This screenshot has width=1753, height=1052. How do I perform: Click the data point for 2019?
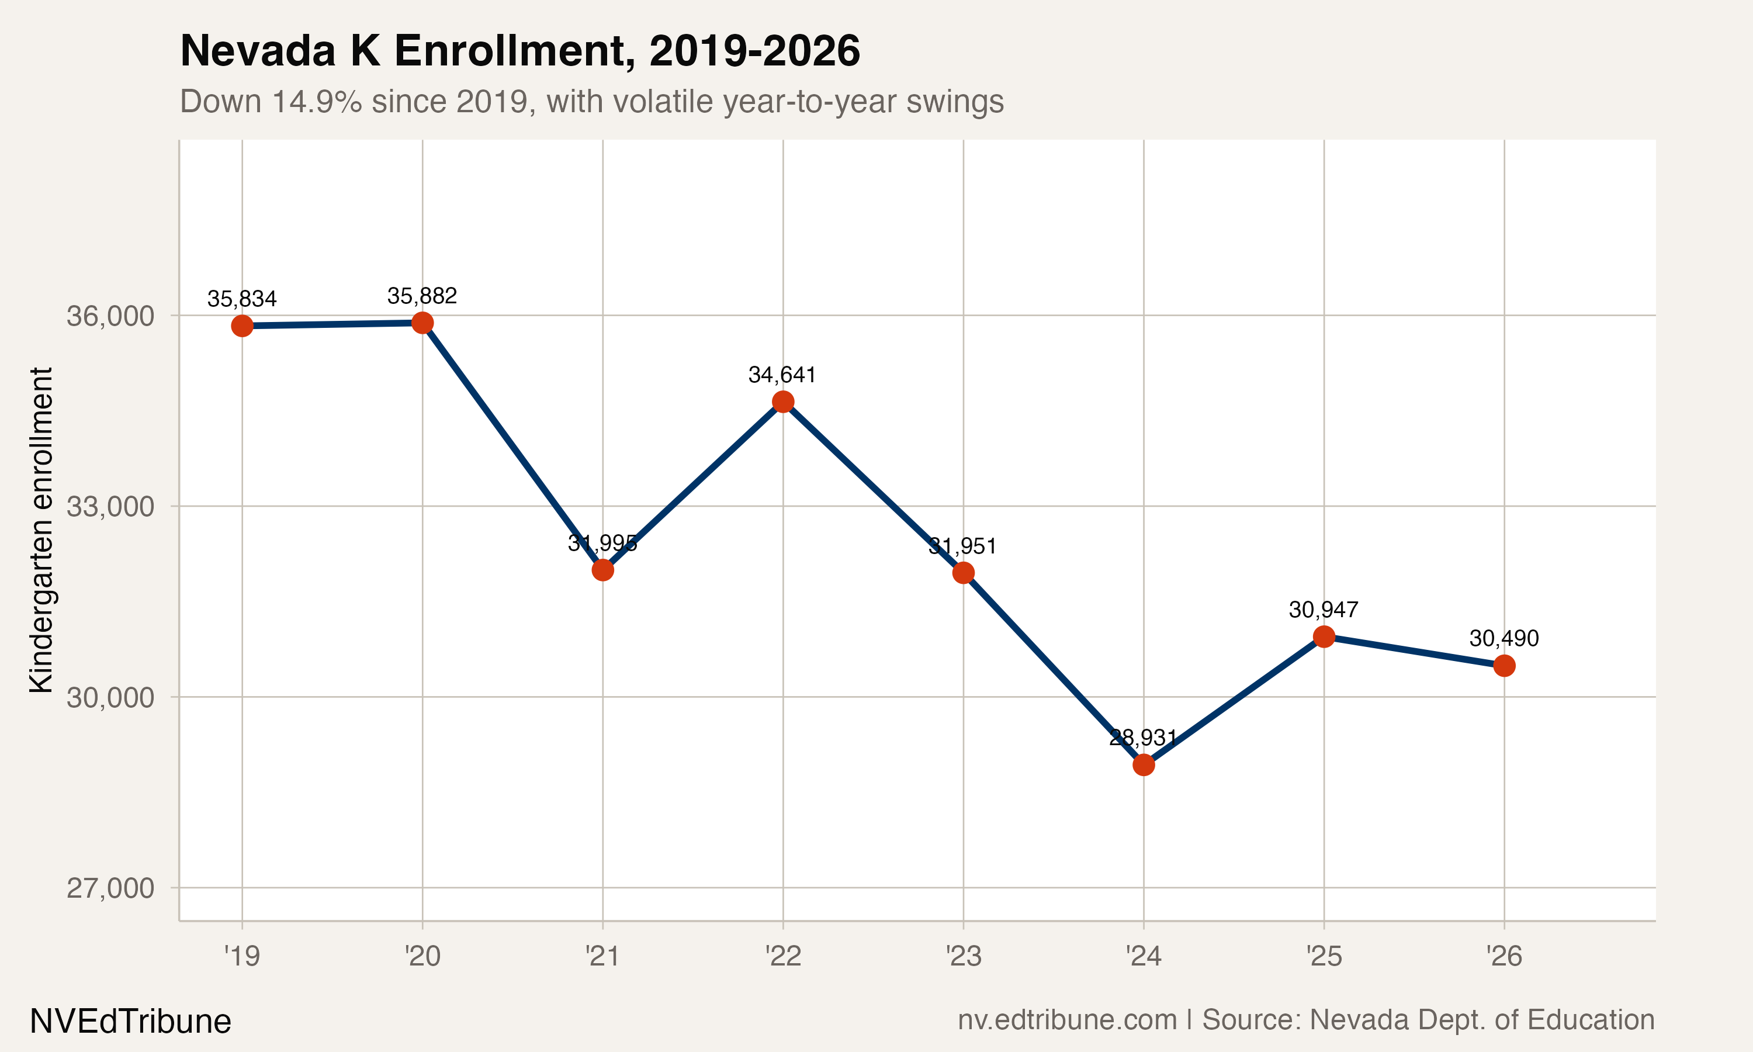242,326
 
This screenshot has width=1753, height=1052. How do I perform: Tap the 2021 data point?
602,569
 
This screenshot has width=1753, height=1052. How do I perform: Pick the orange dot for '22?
783,402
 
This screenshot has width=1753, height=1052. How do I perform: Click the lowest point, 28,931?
1144,765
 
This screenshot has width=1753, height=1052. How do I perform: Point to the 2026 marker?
1504,666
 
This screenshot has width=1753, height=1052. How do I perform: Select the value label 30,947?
1323,610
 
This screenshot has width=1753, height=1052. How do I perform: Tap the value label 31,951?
962,546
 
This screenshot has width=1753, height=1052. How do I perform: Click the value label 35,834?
242,299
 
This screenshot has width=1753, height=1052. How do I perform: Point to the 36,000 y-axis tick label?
110,316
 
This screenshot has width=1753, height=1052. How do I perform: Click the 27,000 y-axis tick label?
110,888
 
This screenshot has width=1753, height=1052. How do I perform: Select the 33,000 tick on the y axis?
110,506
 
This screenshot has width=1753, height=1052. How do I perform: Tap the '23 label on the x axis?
963,956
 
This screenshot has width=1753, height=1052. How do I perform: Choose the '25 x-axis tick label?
1324,956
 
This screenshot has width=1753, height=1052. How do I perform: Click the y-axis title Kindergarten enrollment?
41,530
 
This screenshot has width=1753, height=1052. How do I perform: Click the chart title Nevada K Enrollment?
519,51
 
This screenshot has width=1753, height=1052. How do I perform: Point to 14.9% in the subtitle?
316,101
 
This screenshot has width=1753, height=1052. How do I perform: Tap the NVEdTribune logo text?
130,1021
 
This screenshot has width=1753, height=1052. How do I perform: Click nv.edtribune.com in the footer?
1067,1019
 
